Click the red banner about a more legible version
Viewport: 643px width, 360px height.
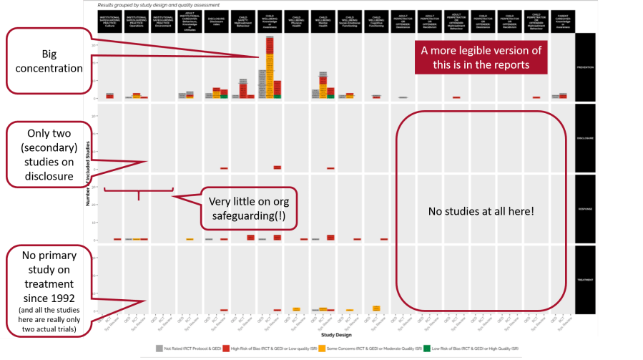481,57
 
